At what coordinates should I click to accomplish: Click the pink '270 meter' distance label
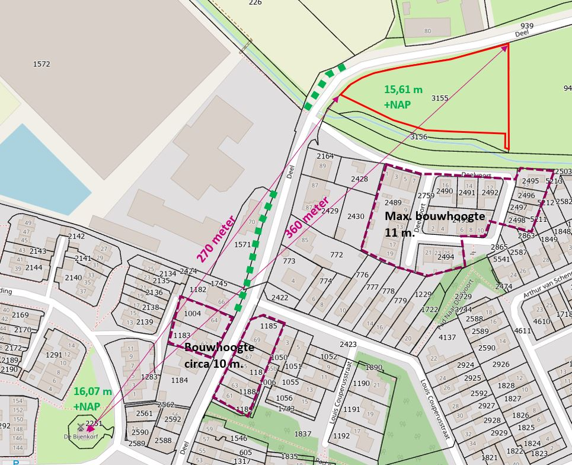[216, 238]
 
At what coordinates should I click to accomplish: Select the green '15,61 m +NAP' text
[403, 97]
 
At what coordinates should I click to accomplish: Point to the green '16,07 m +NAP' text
[92, 399]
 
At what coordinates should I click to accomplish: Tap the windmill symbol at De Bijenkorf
[81, 426]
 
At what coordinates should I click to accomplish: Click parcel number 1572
[41, 64]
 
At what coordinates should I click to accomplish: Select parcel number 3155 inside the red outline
[439, 98]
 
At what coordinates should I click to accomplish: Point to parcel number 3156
[418, 137]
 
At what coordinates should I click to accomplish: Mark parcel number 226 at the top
[255, 3]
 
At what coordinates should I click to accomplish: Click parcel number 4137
[447, 337]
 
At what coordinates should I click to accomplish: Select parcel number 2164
[325, 157]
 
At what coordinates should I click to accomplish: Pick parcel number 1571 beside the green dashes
[243, 244]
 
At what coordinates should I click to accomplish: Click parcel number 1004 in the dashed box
[193, 313]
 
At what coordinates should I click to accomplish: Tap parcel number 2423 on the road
[348, 344]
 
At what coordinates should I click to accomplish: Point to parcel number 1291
[54, 355]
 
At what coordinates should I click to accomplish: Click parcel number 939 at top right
[527, 26]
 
